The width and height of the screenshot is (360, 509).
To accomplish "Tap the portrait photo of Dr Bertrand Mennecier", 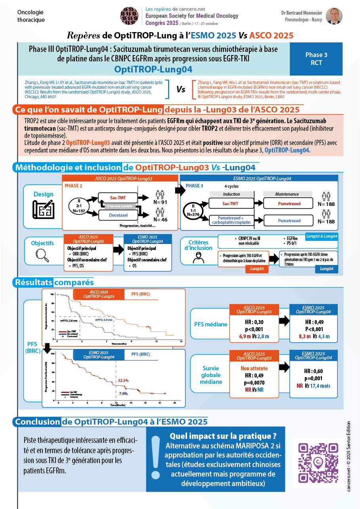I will pos(334,16).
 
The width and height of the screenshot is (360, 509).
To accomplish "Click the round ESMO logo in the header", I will pos(130,16).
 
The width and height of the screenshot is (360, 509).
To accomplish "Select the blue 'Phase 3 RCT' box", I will pos(316,59).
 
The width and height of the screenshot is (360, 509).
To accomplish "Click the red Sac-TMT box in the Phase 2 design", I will pos(118,197).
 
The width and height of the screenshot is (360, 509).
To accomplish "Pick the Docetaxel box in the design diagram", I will pos(118,215).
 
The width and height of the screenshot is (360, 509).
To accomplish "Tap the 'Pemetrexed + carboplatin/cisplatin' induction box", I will pos(231,221).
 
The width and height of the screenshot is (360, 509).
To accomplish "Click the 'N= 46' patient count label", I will pos(161,219).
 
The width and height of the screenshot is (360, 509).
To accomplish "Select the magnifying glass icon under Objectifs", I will pos(42,254).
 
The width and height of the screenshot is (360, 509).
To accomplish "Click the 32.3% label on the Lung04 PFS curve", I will pos(123,380).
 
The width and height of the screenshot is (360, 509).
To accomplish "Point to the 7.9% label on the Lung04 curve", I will pos(123,393).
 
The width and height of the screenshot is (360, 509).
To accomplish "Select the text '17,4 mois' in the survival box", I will pos(320,385).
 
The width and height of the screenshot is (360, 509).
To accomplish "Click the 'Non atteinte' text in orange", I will pos(254,368).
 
